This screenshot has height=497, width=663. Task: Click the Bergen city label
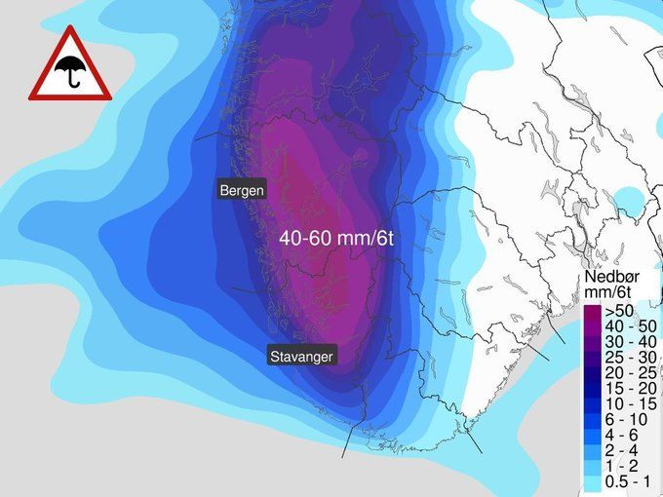tap(241, 191)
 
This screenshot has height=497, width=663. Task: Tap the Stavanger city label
tap(301, 357)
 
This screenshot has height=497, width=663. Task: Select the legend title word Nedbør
tap(610, 278)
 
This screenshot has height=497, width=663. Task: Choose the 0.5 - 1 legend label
tap(629, 482)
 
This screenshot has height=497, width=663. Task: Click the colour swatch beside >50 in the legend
tap(593, 312)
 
